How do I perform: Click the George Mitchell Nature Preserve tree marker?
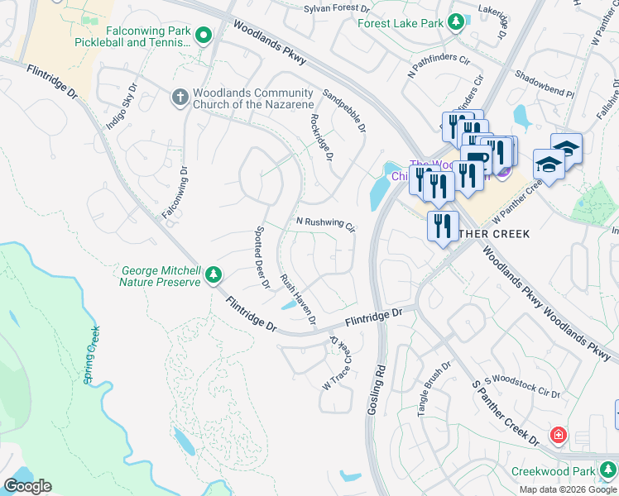coord(214,274)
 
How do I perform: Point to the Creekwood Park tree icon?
coord(608,471)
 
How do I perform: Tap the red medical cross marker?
coord(559,434)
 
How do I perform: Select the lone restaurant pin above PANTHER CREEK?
coord(443,224)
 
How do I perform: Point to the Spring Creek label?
coord(91,355)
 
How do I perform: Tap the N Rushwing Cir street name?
coord(325,224)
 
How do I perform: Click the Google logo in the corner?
coord(27,486)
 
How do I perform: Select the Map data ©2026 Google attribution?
coord(567,489)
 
